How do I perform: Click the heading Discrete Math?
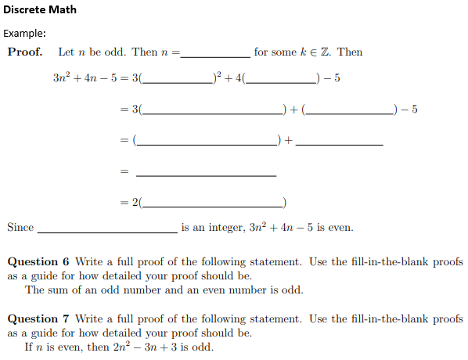pos(40,10)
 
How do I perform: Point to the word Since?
pos(20,228)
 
